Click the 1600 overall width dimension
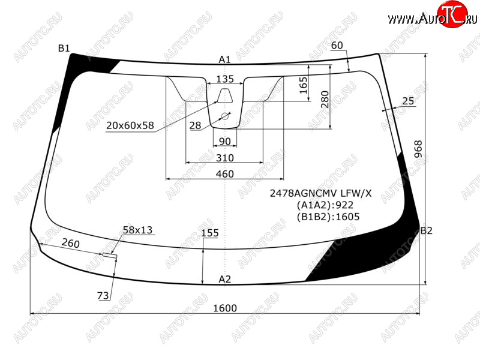[x=225, y=308]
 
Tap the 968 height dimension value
[x=418, y=149]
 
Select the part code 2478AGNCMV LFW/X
[x=320, y=193]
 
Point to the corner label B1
[x=64, y=49]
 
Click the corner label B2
[x=426, y=230]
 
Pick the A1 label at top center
[x=224, y=59]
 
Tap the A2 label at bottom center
[x=224, y=279]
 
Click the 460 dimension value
[x=224, y=174]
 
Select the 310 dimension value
[x=224, y=158]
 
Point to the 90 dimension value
[x=224, y=142]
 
